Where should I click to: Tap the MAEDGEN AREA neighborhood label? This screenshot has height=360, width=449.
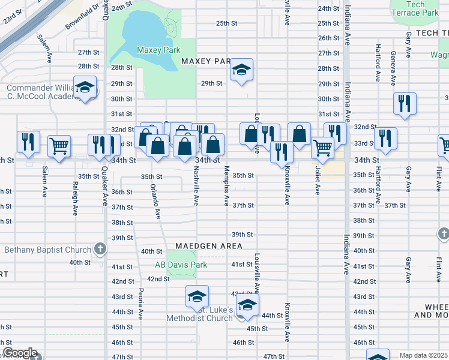[209, 246]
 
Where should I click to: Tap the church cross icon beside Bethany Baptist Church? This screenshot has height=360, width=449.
[100, 249]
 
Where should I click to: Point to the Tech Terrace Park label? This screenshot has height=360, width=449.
[415, 8]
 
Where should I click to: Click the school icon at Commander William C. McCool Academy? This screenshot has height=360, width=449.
[85, 88]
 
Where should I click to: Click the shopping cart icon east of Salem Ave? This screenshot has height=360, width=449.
[59, 145]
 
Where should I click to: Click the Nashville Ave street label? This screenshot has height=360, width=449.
[196, 186]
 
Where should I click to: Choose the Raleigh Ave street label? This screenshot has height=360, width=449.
[76, 194]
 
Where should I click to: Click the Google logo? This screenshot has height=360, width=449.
[20, 353]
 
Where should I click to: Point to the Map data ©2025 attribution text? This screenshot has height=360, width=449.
[423, 355]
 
